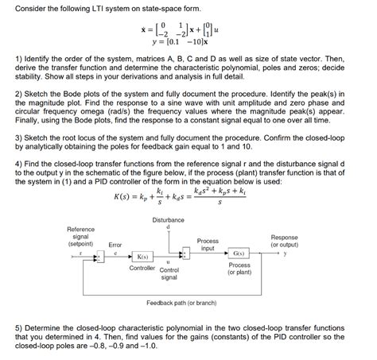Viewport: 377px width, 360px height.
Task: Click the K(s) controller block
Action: tap(144, 257)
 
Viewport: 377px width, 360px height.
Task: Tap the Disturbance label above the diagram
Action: tap(168, 219)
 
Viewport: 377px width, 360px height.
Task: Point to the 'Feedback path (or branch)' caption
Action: tap(188, 303)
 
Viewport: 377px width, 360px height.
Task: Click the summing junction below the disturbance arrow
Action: tap(186, 254)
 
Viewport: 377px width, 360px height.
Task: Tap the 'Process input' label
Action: tap(208, 244)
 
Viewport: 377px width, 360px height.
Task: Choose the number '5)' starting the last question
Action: tap(19, 327)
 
